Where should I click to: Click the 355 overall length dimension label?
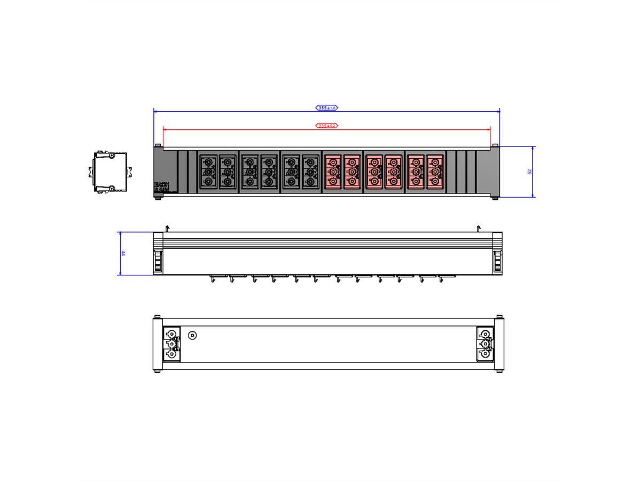326,108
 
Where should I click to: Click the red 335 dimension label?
326,126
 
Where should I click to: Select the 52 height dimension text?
530,172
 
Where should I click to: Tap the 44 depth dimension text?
123,253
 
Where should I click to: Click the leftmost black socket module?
208,172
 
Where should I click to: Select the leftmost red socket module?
332,172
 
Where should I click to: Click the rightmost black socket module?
311,172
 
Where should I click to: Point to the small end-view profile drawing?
109,172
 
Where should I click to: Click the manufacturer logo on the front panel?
162,187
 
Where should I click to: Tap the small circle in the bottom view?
193,336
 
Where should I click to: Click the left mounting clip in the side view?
158,260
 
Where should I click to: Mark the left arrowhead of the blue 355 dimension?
155,111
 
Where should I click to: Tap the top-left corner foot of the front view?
158,145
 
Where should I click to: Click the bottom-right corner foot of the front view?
495,198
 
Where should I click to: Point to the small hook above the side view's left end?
168,229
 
